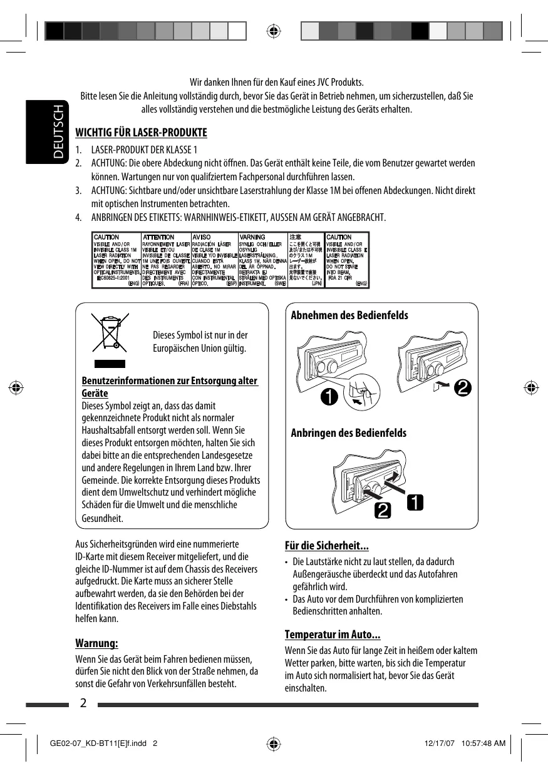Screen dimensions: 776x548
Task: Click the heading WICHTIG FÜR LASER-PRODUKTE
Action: click(141, 133)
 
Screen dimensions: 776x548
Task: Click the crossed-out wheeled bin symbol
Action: click(110, 332)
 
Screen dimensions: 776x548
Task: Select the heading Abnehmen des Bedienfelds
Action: click(349, 315)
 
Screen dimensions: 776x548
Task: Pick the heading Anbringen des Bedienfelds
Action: click(348, 433)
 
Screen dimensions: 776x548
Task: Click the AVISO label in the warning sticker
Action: click(202, 237)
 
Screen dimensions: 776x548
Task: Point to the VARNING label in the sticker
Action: click(252, 237)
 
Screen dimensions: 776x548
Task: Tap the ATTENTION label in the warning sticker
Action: click(158, 237)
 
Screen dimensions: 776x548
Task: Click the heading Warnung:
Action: click(96, 643)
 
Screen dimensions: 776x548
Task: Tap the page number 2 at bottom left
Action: click(83, 703)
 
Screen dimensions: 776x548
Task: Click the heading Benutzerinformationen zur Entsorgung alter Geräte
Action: click(170, 387)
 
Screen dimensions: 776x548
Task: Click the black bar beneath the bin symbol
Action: click(110, 364)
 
